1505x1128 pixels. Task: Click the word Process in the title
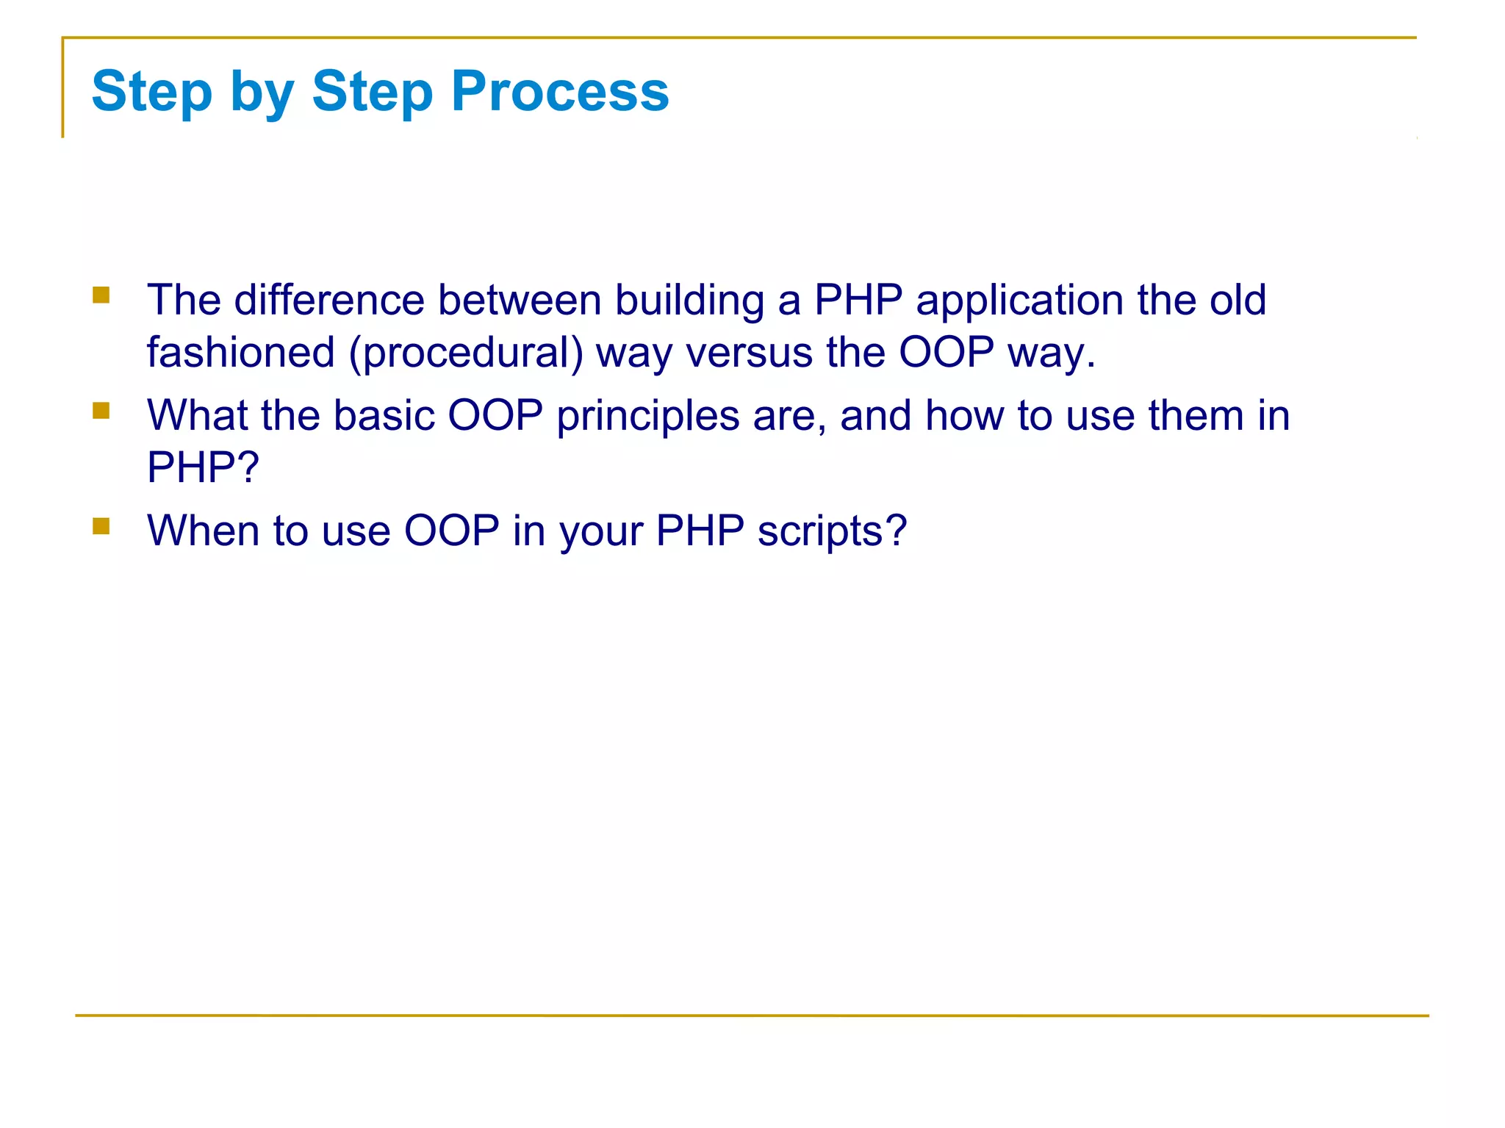[560, 91]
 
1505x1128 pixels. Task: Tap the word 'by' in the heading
[262, 93]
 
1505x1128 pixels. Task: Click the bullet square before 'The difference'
[101, 295]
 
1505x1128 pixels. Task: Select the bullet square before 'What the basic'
[101, 410]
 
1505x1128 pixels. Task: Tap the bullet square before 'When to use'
[101, 525]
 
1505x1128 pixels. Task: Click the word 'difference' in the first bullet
[329, 300]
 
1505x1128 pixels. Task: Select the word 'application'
[1019, 301]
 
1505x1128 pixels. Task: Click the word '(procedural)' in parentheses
[466, 353]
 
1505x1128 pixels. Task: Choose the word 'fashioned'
[240, 352]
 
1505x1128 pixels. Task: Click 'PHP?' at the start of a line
[203, 467]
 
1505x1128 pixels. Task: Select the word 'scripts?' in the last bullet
[832, 531]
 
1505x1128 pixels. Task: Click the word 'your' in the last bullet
[601, 532]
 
